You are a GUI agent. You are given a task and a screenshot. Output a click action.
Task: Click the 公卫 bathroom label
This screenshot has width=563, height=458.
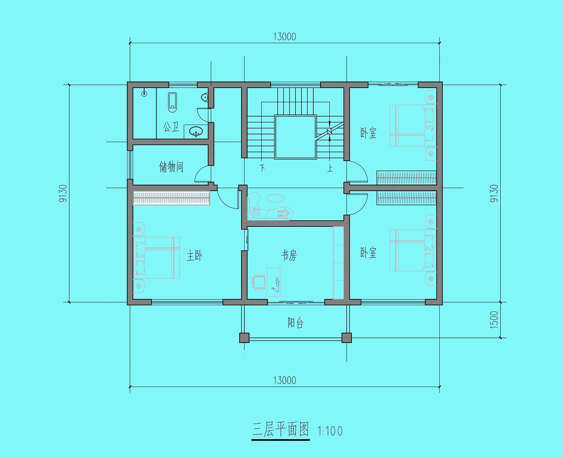[x=171, y=127]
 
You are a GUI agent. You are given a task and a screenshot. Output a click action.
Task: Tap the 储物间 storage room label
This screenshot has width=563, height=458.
[x=171, y=167]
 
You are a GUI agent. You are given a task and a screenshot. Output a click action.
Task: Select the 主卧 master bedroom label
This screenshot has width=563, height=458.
[x=194, y=256]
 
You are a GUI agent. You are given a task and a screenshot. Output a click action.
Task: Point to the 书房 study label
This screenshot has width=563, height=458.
[x=289, y=255]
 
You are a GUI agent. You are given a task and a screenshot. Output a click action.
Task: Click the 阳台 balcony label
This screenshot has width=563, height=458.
[x=295, y=323]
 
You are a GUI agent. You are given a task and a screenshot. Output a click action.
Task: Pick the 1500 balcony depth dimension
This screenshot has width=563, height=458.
[x=494, y=320]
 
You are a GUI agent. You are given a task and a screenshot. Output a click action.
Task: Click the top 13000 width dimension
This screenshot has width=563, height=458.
[x=285, y=37]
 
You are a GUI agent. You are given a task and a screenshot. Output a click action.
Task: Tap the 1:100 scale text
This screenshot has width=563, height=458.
[x=330, y=431]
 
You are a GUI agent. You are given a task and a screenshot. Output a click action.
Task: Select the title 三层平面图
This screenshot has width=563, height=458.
[x=281, y=430]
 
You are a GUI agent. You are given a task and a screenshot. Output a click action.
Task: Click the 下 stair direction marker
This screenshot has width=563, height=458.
[x=262, y=168]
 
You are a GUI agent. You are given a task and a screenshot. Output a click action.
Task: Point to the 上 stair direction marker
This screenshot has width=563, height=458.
[x=330, y=168]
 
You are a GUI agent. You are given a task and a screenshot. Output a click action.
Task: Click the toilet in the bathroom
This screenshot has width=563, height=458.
[x=172, y=102]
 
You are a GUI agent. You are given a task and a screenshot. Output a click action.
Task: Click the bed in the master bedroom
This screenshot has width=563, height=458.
[x=157, y=258]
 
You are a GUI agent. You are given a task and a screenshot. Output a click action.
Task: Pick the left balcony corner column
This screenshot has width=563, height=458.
[x=244, y=338]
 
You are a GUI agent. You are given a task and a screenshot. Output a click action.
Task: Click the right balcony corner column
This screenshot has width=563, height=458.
[x=347, y=338]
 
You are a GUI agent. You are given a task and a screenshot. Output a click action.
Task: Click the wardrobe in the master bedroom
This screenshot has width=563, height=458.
[x=171, y=198]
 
